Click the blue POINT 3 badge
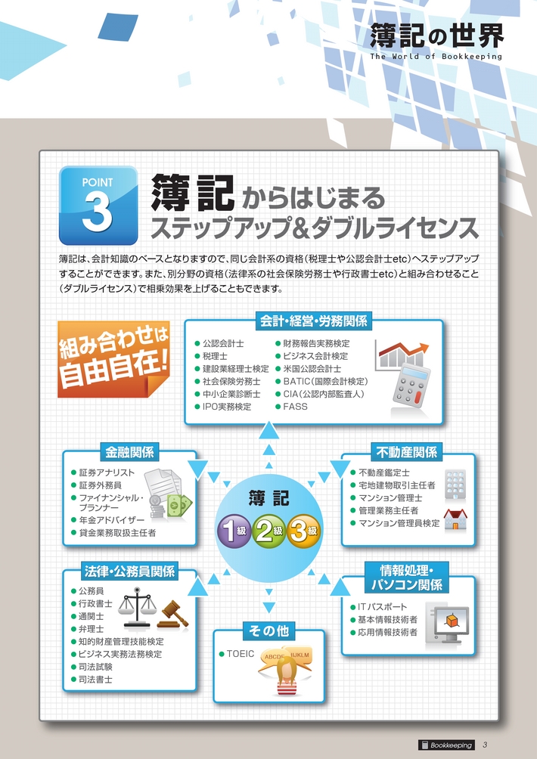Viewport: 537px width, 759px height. coord(98,205)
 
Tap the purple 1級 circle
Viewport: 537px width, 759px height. coord(234,531)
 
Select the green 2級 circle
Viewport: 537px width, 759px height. coord(268,531)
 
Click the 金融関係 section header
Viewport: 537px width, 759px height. coord(130,452)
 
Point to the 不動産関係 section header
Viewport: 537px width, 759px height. coord(407,452)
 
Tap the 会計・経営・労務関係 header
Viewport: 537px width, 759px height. coord(314,321)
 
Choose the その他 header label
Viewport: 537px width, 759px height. coord(268,630)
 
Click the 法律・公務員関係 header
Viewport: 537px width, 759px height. coord(129,572)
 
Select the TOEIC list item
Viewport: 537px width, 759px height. coord(237,654)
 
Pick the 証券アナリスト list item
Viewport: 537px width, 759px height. coord(103,472)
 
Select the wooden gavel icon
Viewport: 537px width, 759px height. coord(173,615)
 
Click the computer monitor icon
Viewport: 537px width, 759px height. coord(448,622)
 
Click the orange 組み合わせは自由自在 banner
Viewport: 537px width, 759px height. coord(114,359)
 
